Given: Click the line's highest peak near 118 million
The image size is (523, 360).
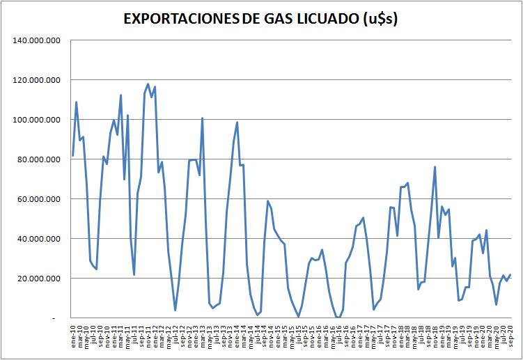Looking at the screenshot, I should pos(148,84).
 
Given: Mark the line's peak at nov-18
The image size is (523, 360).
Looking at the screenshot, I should pos(435,167).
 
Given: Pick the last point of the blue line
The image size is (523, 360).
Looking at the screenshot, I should pos(510,274).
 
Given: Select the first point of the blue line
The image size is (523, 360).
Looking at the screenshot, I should pos(73,155).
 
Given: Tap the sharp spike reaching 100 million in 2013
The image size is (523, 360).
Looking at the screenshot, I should pos(203,118).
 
